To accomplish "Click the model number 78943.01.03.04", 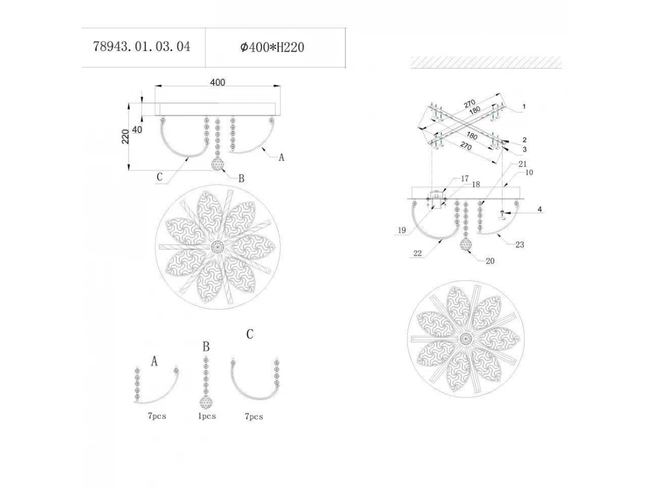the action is point(141,47).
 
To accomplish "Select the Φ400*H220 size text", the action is point(272,47).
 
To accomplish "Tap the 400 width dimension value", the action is point(218,82).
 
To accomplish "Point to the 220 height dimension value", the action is point(126,136).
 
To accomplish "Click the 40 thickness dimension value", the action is point(137,129).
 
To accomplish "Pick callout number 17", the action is point(465,178).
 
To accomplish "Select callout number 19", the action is point(402,230).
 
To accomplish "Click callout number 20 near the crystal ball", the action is point(490,261).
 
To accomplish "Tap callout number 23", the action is point(519,244).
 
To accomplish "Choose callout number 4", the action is point(540,209).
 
